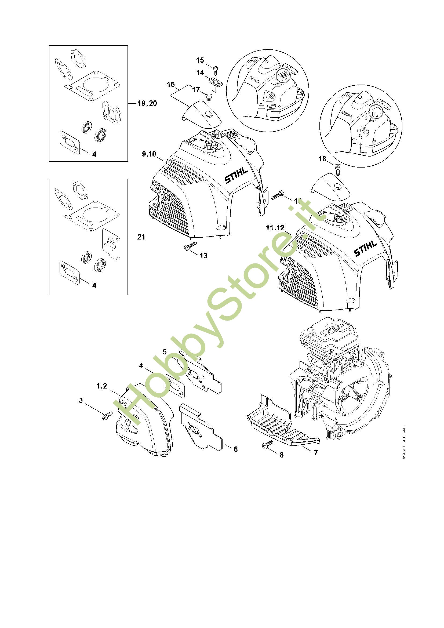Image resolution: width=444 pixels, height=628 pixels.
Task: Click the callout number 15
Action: [200, 60]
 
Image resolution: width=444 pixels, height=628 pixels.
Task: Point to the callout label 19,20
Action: [147, 103]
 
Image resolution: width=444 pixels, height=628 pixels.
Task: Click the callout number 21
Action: [141, 237]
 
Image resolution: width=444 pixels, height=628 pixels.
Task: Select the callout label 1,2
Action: [102, 386]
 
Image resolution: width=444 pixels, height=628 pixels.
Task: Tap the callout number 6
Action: [236, 449]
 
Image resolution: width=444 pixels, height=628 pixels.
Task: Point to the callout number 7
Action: [316, 453]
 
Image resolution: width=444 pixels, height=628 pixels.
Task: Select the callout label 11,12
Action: [275, 228]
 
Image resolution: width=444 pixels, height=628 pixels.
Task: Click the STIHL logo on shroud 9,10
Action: [236, 176]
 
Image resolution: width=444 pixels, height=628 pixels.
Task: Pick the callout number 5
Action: [165, 352]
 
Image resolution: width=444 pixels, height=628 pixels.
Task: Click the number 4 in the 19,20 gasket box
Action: [94, 154]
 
